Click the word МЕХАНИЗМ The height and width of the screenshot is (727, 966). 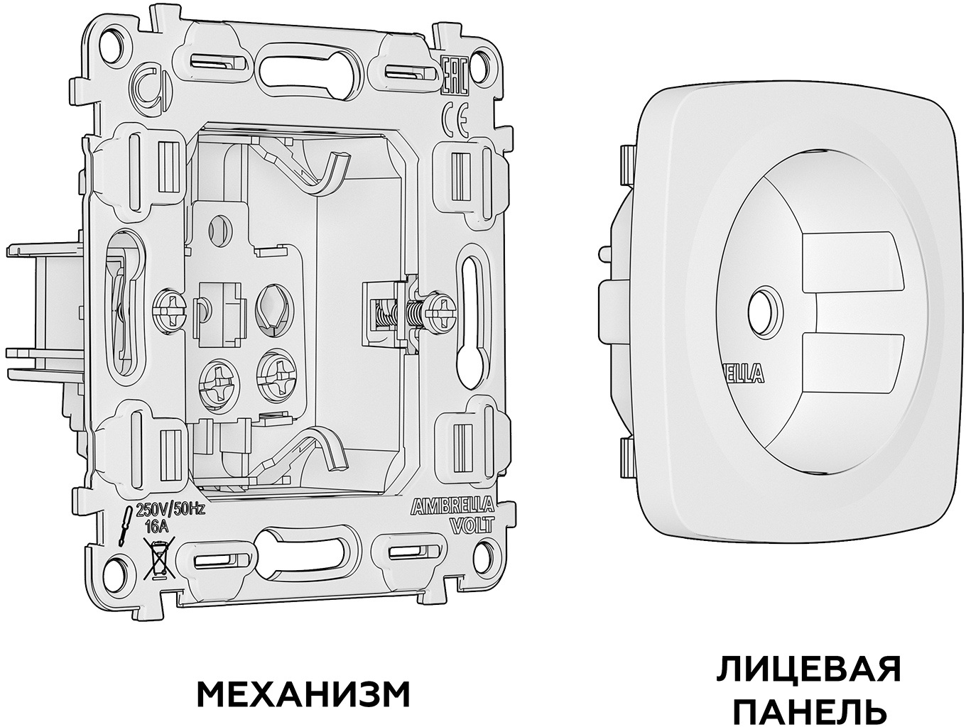tap(302, 693)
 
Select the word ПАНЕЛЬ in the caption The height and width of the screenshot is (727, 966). tap(808, 710)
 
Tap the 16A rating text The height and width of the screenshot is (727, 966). tap(156, 526)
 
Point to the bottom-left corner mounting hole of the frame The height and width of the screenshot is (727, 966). tap(114, 569)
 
